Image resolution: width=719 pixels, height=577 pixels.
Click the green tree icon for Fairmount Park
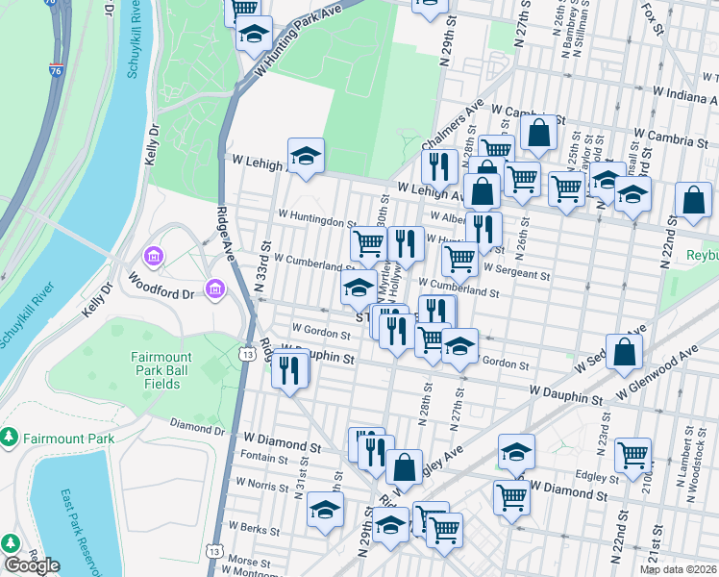(x=10, y=439)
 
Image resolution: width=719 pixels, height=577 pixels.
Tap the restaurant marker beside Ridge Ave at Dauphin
(x=289, y=369)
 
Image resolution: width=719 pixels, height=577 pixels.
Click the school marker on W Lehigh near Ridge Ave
(x=306, y=157)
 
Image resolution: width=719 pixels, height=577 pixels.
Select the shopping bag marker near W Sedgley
(x=624, y=353)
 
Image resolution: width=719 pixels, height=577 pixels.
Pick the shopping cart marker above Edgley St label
(x=632, y=457)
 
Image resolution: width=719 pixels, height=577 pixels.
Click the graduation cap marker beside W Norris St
(x=326, y=510)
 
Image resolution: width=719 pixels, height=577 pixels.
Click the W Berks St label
(x=255, y=529)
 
